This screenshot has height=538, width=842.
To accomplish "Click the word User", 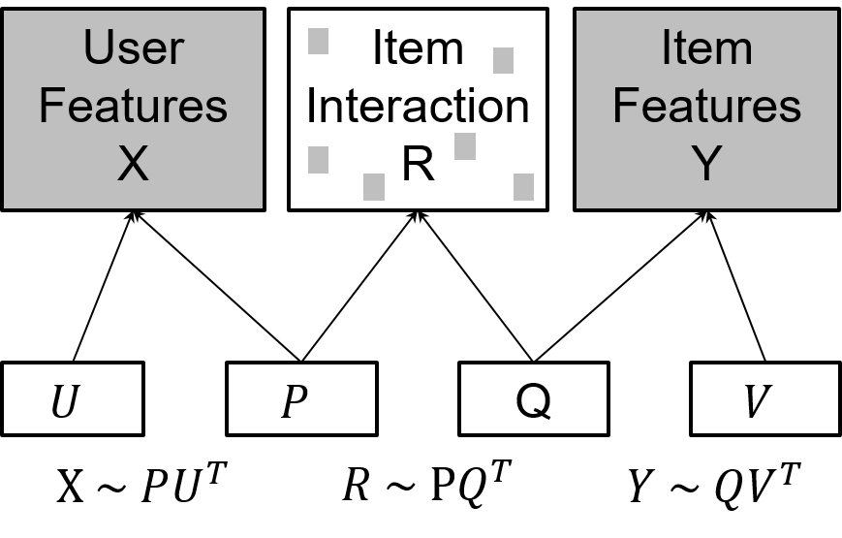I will tap(133, 48).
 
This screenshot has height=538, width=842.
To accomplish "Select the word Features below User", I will tap(133, 106).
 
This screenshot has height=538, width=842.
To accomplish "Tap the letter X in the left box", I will tap(133, 164).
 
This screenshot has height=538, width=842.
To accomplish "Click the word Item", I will tap(706, 48).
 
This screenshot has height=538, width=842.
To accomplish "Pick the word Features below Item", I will tap(706, 106).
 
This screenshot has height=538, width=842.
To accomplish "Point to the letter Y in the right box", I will tap(706, 164).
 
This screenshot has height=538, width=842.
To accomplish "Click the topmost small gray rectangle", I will tap(318, 42).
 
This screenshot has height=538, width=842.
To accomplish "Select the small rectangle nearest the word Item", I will tap(503, 61).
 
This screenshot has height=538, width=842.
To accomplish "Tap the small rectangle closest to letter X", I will tap(318, 160).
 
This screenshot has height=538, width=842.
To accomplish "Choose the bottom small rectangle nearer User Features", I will tap(374, 187).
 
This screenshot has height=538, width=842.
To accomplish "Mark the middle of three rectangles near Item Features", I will tap(465, 147).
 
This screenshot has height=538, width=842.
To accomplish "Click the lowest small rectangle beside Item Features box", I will tap(523, 187).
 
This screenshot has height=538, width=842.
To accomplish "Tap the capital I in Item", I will tap(667, 48).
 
